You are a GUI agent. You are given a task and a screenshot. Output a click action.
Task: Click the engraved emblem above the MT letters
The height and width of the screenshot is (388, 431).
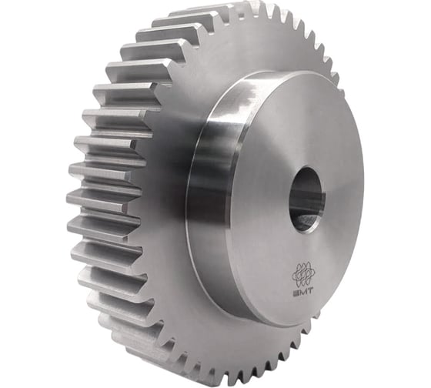pyautogui.click(x=303, y=275)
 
